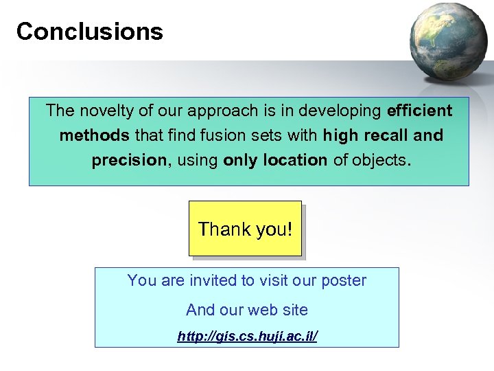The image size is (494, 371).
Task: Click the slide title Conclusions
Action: click(89, 32)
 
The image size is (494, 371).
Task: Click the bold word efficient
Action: click(420, 111)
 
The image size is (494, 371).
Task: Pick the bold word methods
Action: click(94, 135)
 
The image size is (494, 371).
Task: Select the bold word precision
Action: click(128, 160)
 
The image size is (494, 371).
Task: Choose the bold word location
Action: click(295, 160)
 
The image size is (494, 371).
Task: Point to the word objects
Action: click(380, 160)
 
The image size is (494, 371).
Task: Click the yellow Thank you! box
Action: click(245, 229)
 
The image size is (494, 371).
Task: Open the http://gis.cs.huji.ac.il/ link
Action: click(247, 337)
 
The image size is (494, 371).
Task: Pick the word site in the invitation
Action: click(294, 310)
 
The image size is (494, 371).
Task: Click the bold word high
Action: click(340, 135)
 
